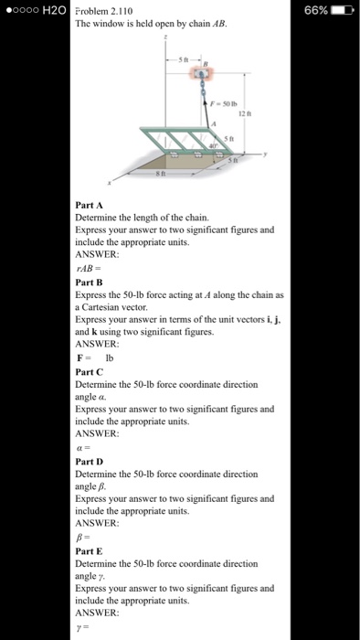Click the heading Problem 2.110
106,9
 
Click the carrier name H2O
51,9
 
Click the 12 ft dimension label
244,113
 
